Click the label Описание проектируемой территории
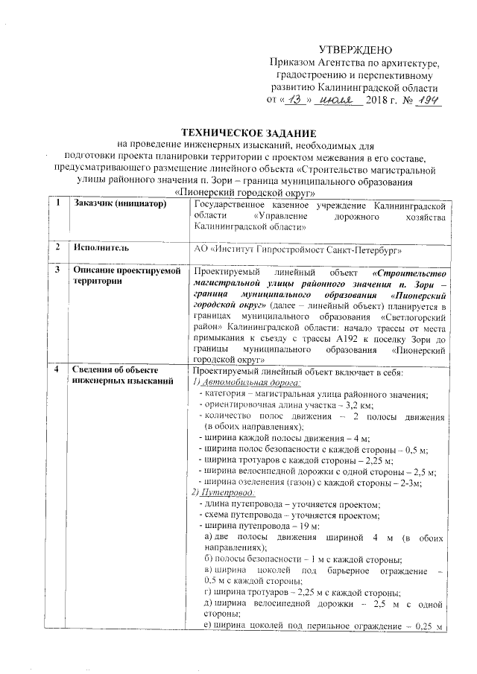tap(127, 277)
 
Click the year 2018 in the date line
tap(380, 100)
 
